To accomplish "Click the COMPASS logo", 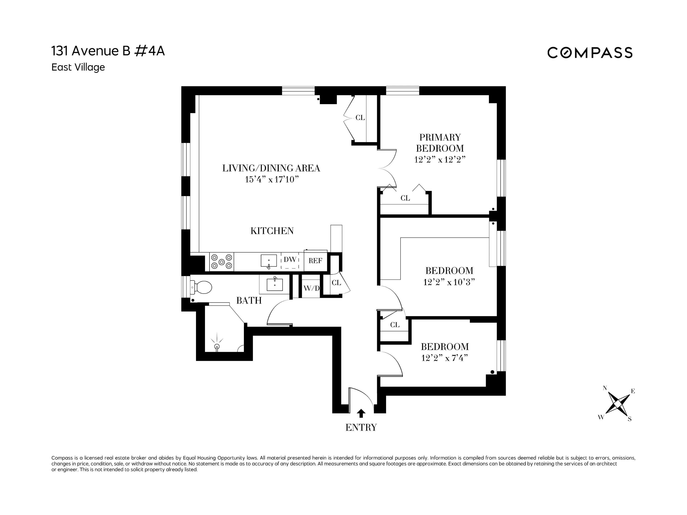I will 589,53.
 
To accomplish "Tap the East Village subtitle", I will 78,67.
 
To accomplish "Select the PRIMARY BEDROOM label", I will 440,143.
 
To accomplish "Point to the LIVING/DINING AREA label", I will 271,168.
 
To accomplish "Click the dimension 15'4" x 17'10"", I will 271,180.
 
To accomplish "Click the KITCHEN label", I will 272,231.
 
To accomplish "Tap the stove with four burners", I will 222,262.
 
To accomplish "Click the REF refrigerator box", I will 315,261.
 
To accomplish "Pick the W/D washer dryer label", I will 311,288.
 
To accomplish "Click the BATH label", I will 249,301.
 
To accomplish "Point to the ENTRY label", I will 361,428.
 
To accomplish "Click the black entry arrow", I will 361,413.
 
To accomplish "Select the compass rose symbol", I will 617,404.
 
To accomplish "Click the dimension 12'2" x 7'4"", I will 444,358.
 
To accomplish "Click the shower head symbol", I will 217,346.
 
